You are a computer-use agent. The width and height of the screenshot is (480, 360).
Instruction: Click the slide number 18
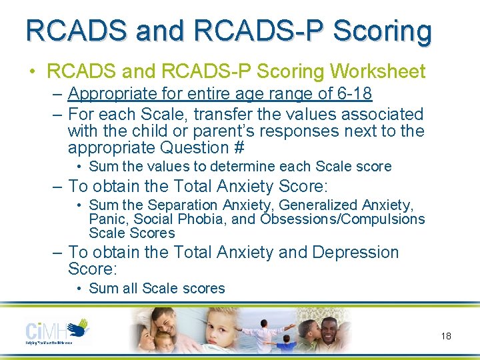(446, 336)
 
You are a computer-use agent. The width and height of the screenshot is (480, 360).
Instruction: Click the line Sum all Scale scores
(157, 288)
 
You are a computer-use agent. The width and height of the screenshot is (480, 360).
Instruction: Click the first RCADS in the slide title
(69, 30)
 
